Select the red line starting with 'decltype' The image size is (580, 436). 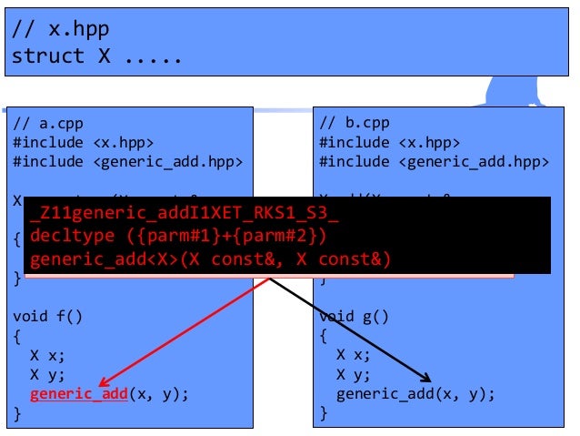pyautogui.click(x=178, y=238)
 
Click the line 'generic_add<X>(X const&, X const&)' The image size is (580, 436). pyautogui.click(x=210, y=260)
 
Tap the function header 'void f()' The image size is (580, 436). pyautogui.click(x=47, y=317)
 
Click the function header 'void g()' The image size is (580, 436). pyautogui.click(x=354, y=317)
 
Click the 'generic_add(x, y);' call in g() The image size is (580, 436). pyautogui.click(x=415, y=394)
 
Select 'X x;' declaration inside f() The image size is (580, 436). pyautogui.click(x=46, y=355)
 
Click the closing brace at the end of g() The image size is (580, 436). pyautogui.click(x=323, y=413)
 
